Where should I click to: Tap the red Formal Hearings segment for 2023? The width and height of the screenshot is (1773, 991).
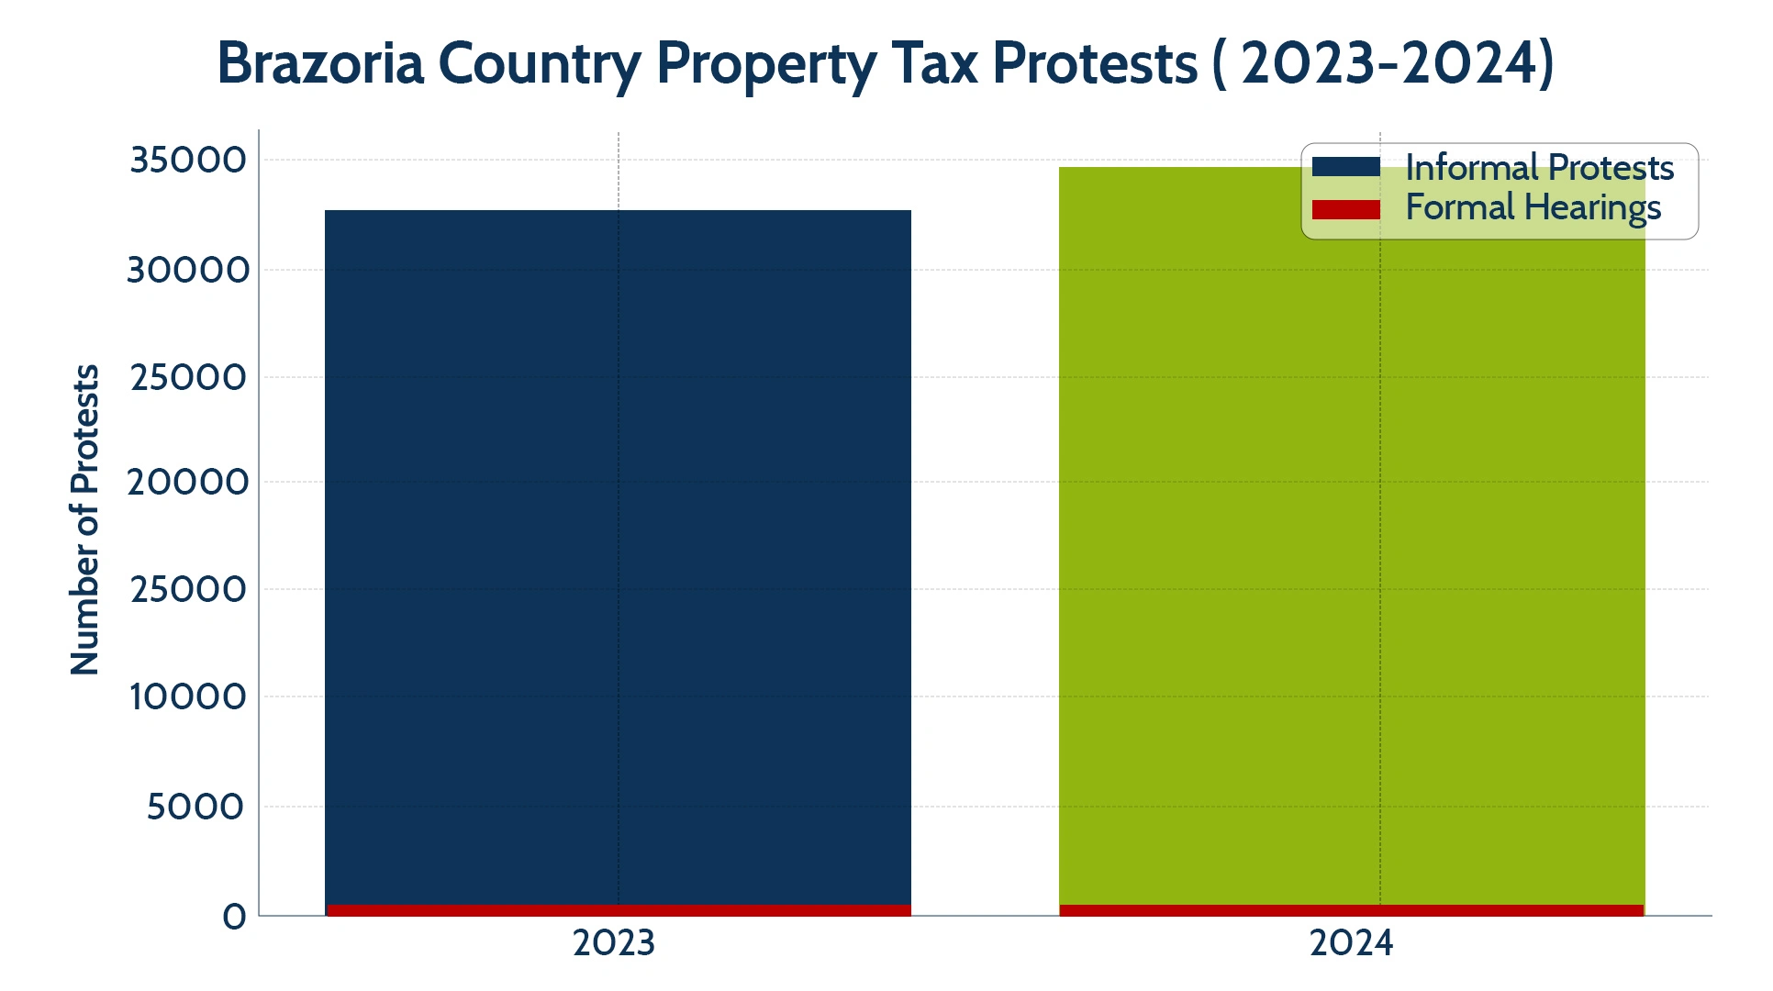click(x=618, y=910)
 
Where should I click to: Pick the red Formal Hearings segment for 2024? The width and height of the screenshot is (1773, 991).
click(x=1351, y=910)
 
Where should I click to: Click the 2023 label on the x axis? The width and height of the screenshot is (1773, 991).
click(x=614, y=943)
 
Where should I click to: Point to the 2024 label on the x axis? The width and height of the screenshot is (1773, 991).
click(x=1351, y=943)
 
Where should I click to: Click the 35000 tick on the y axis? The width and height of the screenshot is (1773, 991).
click(x=188, y=161)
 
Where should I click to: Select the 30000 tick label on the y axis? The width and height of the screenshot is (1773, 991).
click(x=188, y=271)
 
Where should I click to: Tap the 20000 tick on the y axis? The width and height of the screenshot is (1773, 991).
click(x=188, y=483)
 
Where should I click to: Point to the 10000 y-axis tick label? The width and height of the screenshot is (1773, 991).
click(x=188, y=697)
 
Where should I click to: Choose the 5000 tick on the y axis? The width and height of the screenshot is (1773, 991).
click(x=195, y=807)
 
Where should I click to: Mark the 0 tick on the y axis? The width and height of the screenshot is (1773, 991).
click(x=235, y=917)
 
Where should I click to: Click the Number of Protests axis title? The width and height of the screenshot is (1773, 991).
click(x=84, y=520)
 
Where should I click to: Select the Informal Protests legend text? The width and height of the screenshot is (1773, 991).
click(x=1539, y=168)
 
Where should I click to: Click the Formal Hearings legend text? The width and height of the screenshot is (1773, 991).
click(x=1533, y=208)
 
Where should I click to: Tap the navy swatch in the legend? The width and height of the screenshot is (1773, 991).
click(x=1345, y=167)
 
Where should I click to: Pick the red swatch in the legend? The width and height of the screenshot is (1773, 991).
click(x=1345, y=210)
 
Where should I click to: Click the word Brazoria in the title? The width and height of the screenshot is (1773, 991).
click(x=320, y=63)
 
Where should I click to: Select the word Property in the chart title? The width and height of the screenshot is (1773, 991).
click(x=766, y=65)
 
